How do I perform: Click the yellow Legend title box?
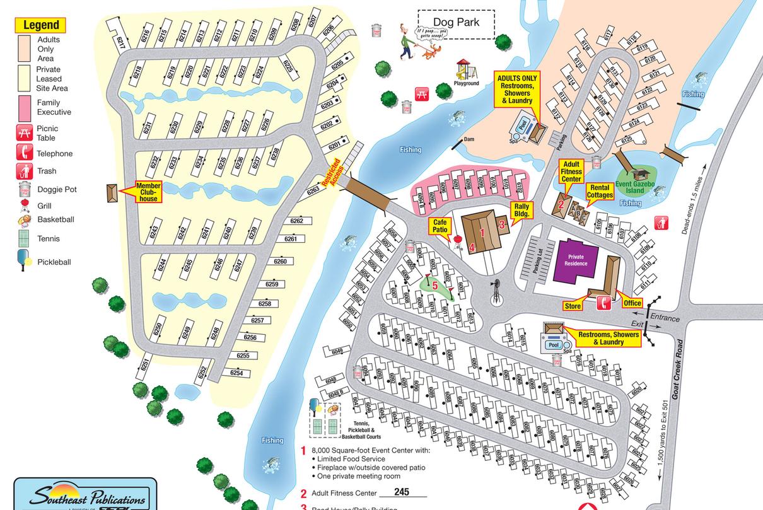pos(41,25)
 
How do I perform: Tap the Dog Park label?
pos(456,23)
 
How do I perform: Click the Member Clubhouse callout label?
pos(148,192)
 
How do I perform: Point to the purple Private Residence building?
pos(575,260)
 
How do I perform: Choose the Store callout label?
pos(573,306)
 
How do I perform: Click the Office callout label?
pos(632,303)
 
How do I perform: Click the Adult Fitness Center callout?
pos(571,171)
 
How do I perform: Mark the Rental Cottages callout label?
pos(600,191)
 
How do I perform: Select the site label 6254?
pos(236,373)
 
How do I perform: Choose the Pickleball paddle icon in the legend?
pos(25,261)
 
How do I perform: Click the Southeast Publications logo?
pos(85,496)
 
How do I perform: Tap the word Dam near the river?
pos(469,139)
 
